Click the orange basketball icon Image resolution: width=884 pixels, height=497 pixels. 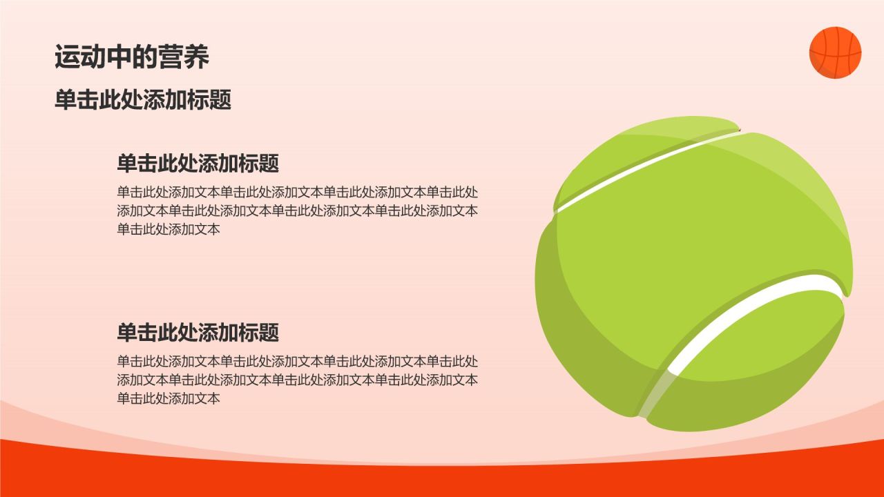835,52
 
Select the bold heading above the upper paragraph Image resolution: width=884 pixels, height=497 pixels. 198,164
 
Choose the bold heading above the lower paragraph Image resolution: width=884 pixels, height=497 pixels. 198,333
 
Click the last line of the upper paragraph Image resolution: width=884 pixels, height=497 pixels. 169,230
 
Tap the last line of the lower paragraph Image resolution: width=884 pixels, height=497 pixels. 169,398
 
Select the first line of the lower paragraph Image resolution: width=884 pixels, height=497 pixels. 297,361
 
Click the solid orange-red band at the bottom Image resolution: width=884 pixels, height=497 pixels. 442,480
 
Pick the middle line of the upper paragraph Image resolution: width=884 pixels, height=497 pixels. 297,211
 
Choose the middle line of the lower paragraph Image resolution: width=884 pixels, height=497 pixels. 297,380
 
